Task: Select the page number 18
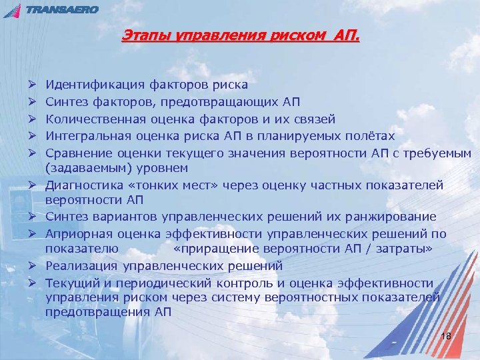[446, 335]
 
